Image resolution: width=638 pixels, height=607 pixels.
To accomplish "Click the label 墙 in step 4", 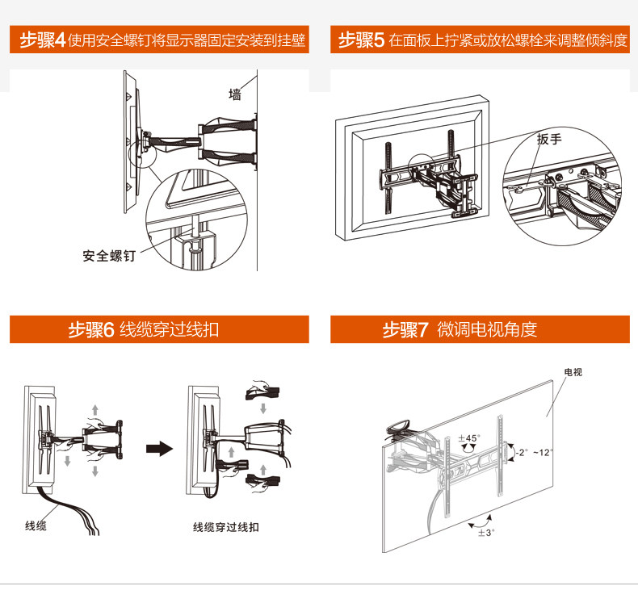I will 235,94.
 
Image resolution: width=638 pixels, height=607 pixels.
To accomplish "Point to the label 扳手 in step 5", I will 548,139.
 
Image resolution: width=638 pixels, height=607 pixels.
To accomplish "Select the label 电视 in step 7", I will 573,373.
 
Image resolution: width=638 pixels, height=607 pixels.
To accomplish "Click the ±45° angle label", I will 468,438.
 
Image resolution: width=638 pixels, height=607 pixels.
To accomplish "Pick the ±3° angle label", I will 485,534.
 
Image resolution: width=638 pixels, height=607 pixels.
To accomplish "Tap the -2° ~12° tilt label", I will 534,453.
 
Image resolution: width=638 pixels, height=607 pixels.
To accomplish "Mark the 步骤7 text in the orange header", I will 405,330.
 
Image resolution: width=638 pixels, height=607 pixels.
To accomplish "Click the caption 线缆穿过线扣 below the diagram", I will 226,527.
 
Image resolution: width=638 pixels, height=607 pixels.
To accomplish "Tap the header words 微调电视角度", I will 487,330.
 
